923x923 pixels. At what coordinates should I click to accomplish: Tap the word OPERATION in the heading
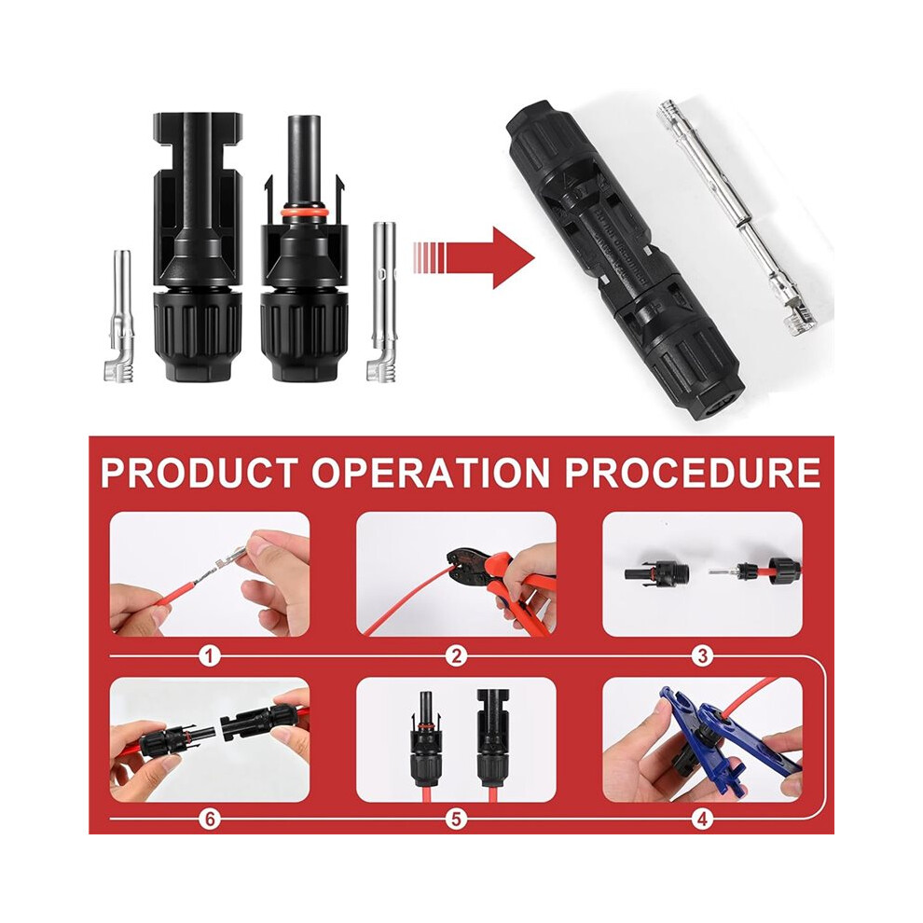coord(432,473)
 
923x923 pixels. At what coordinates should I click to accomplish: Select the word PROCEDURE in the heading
coord(693,473)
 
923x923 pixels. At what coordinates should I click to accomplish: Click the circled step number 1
coord(210,655)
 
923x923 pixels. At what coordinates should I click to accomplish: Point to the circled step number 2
coord(456,655)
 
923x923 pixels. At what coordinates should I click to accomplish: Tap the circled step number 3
coord(702,655)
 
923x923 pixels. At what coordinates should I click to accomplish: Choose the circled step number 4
coord(702,819)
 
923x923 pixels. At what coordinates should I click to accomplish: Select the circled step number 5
coord(456,819)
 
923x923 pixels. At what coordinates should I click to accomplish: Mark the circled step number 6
coord(210,819)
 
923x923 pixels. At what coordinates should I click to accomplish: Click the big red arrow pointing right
coord(475,258)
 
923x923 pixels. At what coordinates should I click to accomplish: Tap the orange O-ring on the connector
coord(304,213)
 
